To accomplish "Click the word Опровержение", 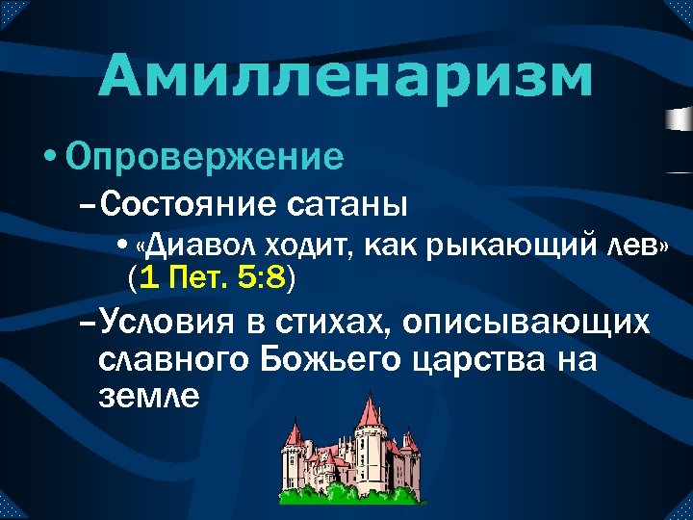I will click(205, 156).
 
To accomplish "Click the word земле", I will click(148, 396).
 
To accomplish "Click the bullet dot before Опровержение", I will click(49, 157).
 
